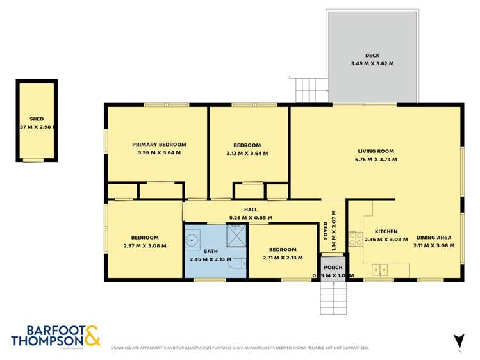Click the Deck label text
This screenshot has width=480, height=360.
[372, 55]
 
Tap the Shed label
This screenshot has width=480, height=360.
[37, 119]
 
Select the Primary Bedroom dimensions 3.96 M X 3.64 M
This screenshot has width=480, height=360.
[159, 153]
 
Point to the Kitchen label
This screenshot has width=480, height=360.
[386, 231]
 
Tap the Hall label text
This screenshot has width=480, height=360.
[251, 209]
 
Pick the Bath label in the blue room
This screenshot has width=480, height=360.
[210, 251]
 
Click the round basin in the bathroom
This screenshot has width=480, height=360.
[192, 241]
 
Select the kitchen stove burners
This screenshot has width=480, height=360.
[353, 239]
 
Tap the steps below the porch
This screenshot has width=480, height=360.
[333, 297]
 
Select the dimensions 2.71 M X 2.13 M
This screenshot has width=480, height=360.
[283, 258]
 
